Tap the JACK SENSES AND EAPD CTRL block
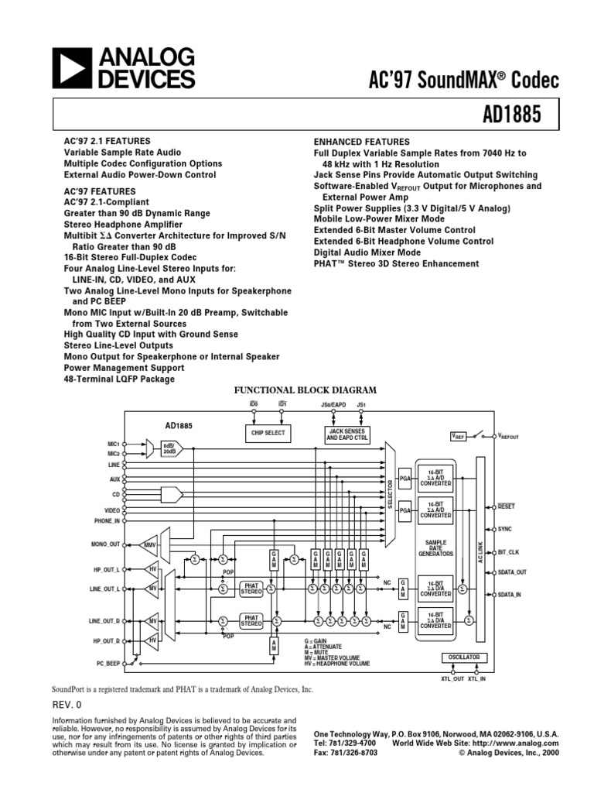click(x=347, y=434)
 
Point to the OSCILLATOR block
click(x=464, y=657)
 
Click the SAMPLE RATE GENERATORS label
click(x=435, y=548)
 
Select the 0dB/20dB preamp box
click(x=168, y=448)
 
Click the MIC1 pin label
click(x=114, y=444)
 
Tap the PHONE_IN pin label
click(x=107, y=521)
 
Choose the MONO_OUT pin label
click(x=105, y=544)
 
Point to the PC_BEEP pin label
click(x=108, y=664)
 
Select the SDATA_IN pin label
click(x=510, y=594)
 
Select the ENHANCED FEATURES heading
click(x=361, y=142)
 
